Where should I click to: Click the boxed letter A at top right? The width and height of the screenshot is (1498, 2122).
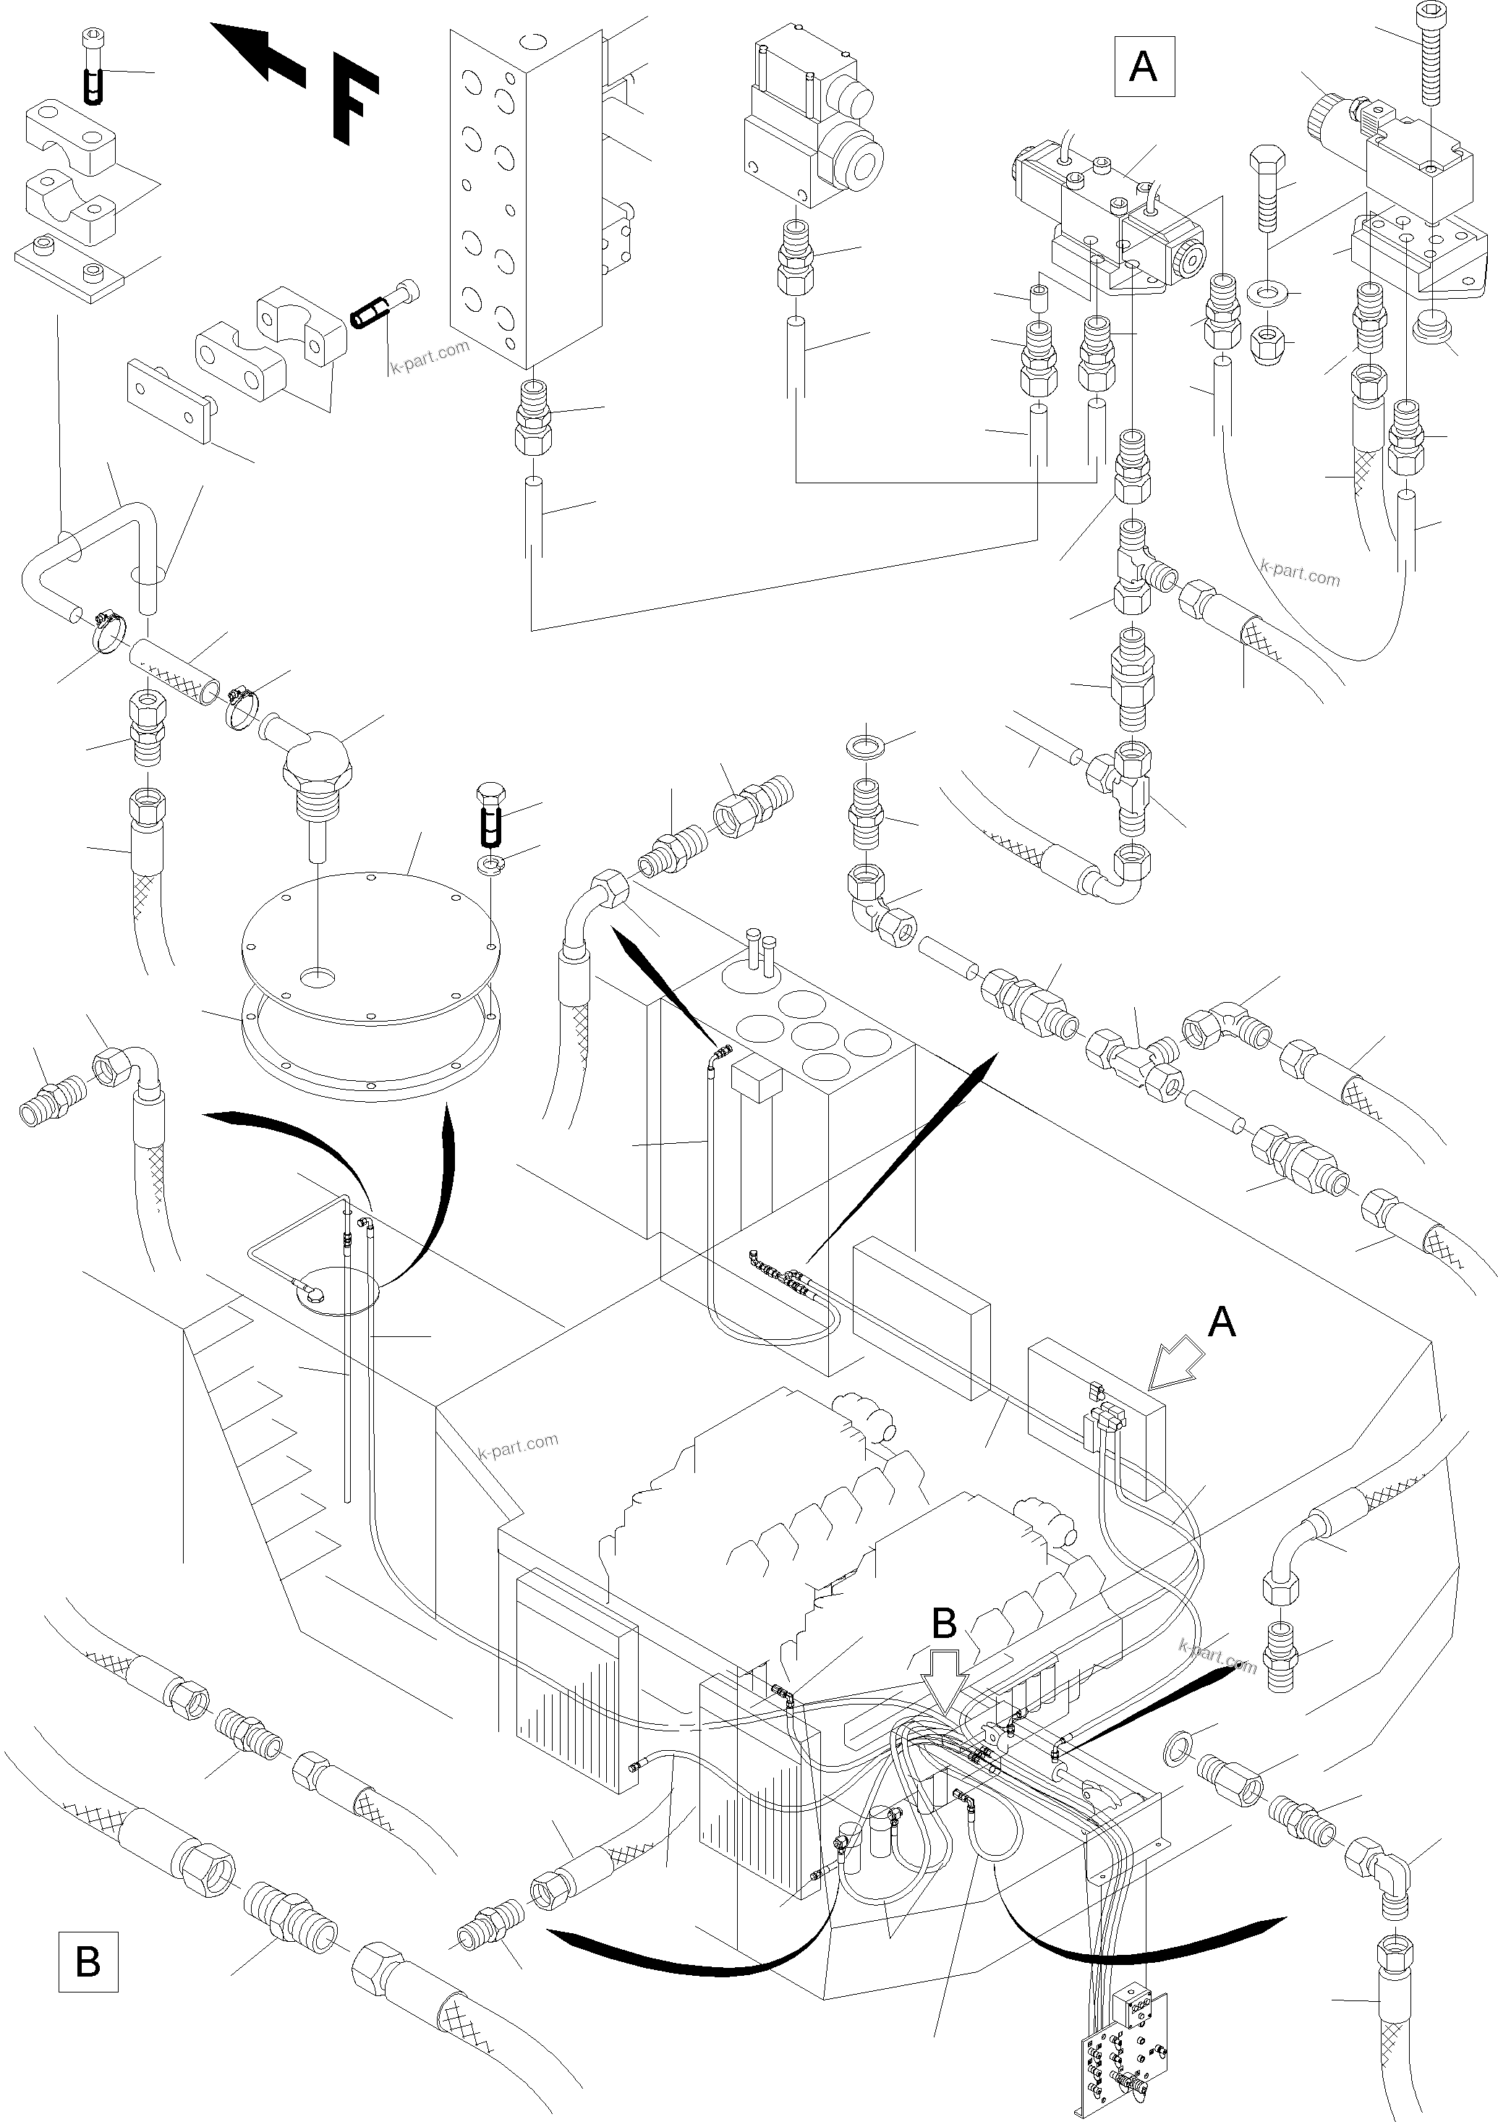click(1144, 67)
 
